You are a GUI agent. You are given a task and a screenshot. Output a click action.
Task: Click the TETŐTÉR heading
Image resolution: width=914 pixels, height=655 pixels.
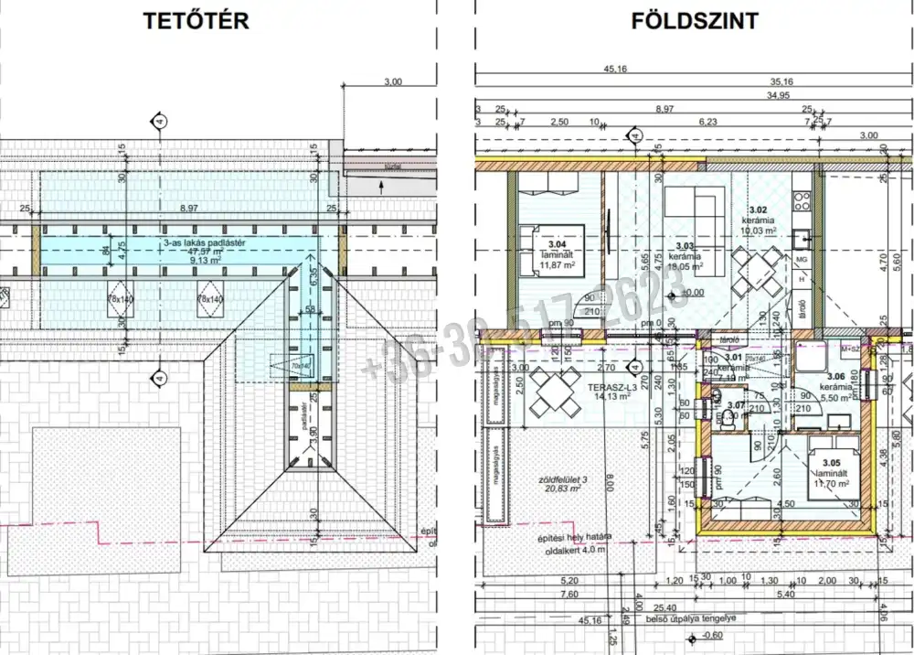pos(196,21)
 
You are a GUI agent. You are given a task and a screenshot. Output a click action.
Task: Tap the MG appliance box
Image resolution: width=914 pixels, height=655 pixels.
pos(802,260)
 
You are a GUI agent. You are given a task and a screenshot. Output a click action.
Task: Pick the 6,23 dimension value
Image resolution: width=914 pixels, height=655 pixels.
pos(707,121)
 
